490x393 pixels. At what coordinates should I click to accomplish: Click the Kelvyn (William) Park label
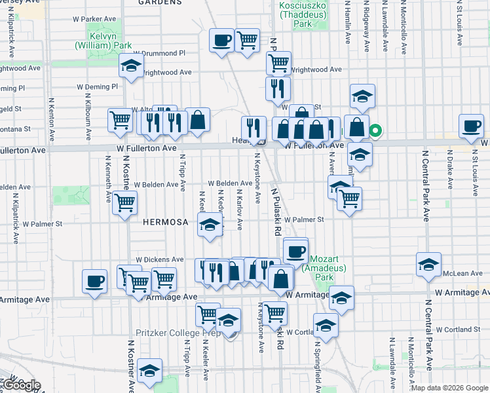click(x=103, y=41)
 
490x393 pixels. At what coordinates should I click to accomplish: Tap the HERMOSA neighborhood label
click(x=165, y=222)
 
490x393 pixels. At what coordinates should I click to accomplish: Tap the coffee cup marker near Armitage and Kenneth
click(x=95, y=282)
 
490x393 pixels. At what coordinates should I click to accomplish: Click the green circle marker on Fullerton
click(x=375, y=130)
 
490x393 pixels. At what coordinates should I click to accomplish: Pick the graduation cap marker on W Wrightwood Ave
click(x=131, y=65)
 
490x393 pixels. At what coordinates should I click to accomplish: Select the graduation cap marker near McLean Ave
click(x=428, y=265)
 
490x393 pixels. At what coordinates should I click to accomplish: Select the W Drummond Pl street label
click(x=160, y=53)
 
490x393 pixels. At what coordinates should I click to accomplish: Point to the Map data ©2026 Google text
click(x=449, y=388)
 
